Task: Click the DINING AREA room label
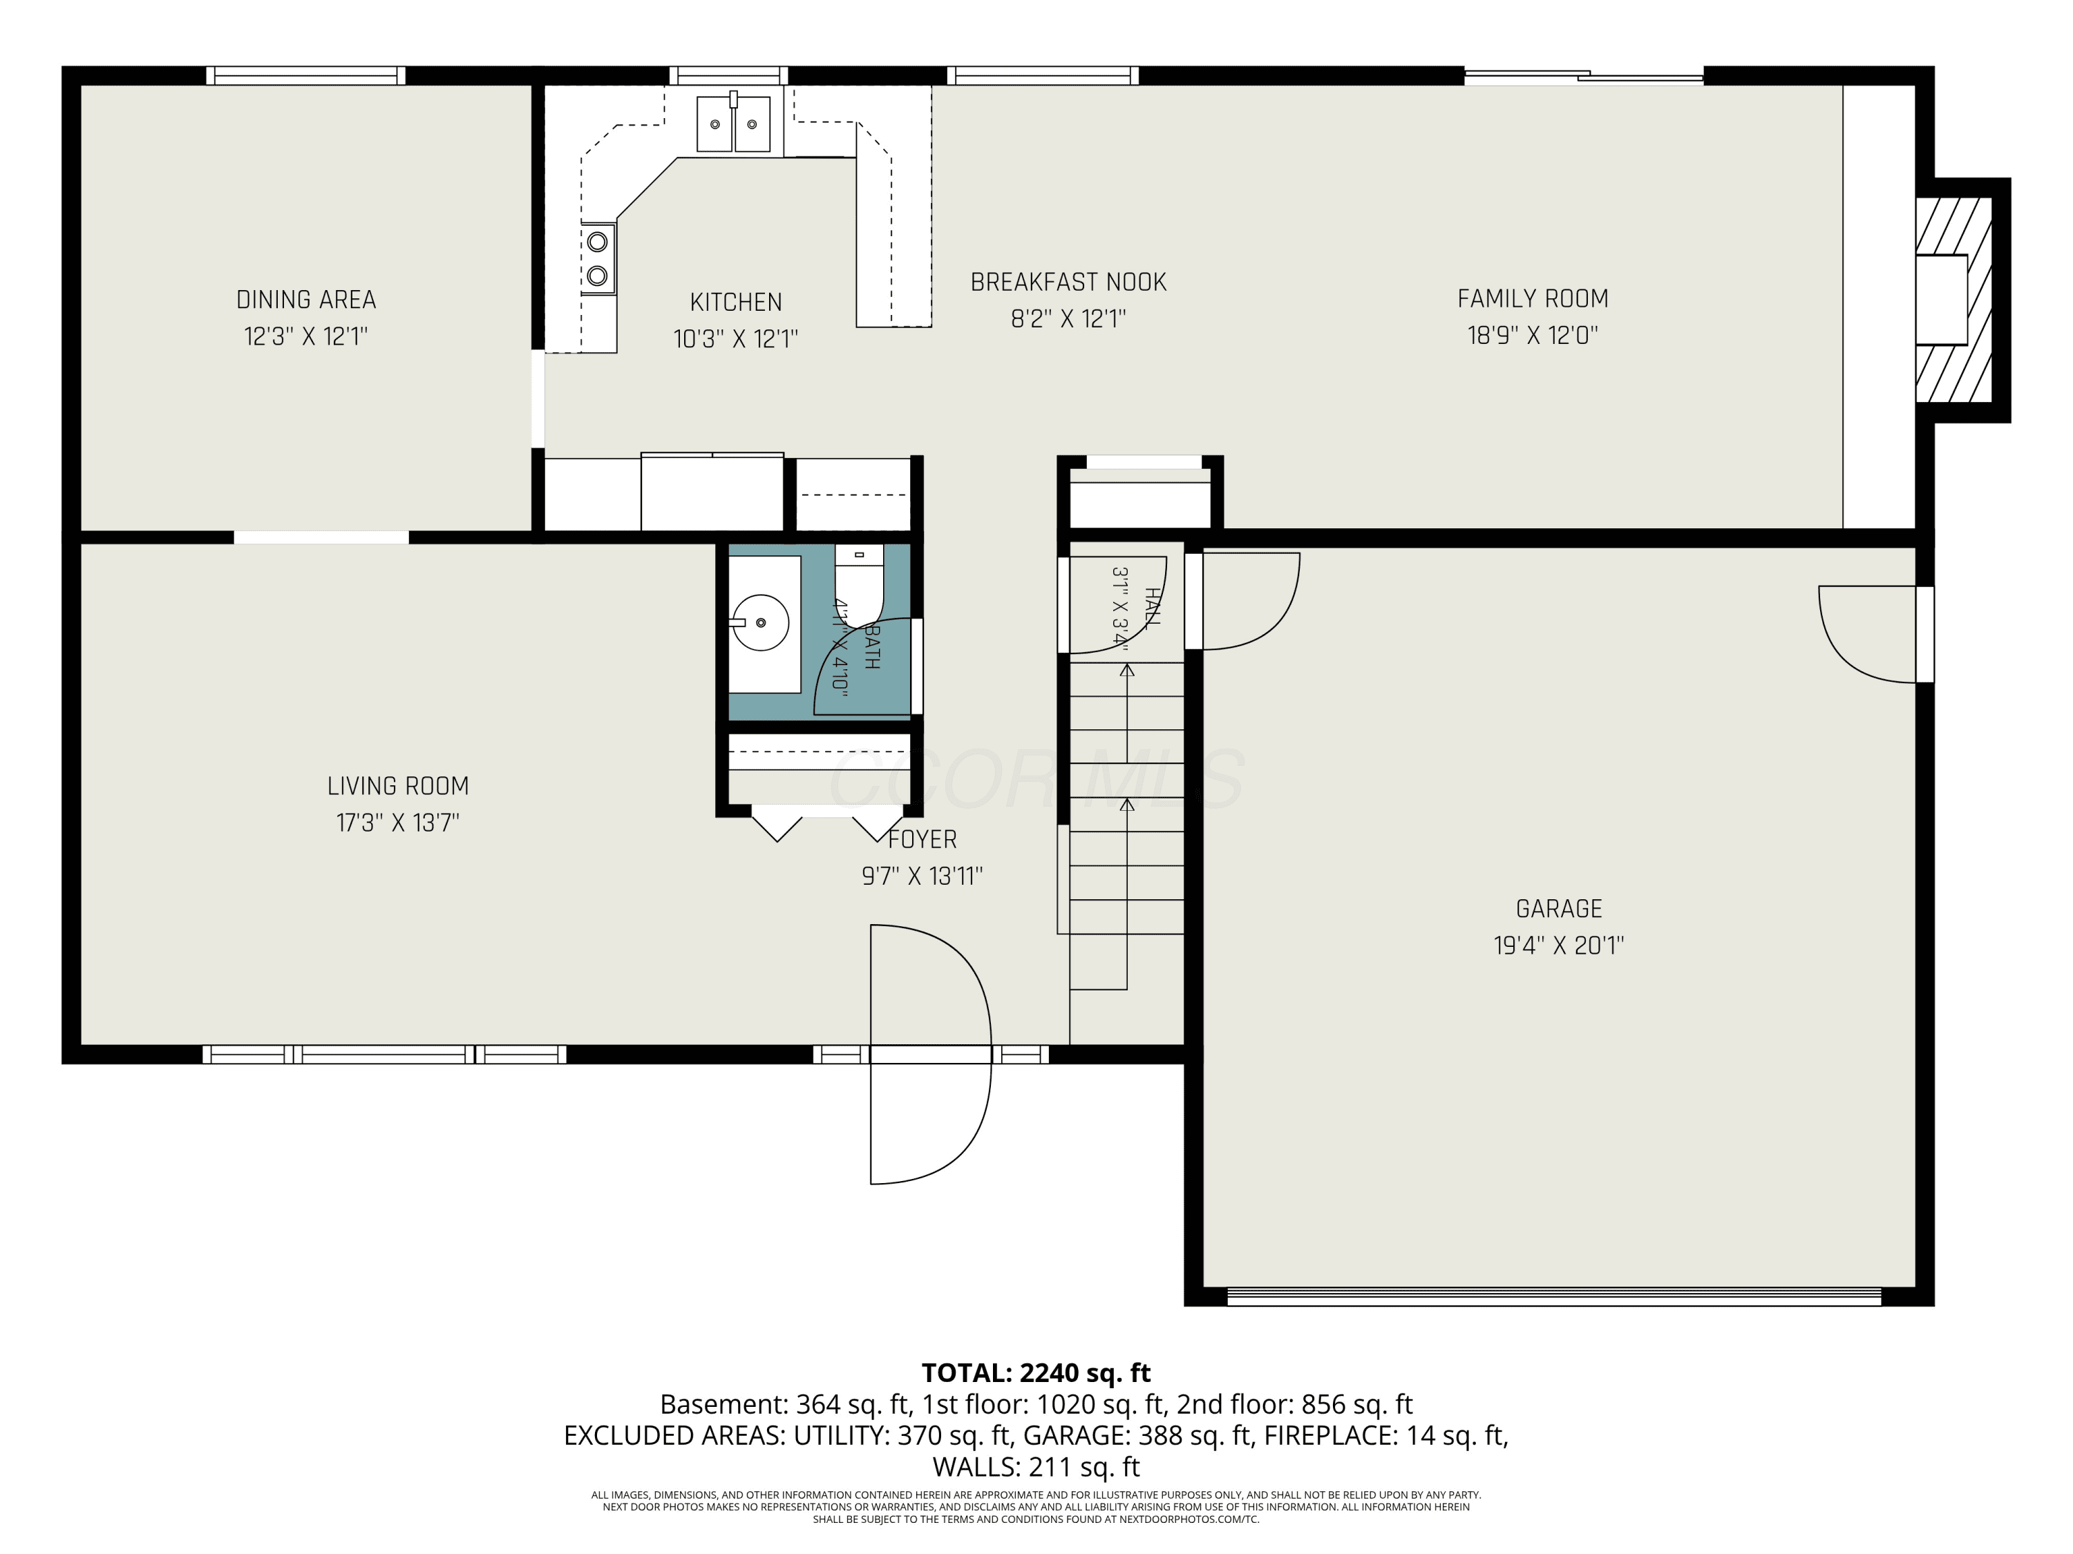pyautogui.click(x=305, y=300)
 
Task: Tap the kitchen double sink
pyautogui.click(x=733, y=123)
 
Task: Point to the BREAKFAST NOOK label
pyautogui.click(x=1068, y=282)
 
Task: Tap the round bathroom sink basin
pyautogui.click(x=760, y=622)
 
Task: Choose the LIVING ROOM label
pyautogui.click(x=398, y=786)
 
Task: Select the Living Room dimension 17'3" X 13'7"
pyautogui.click(x=398, y=823)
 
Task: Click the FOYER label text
pyautogui.click(x=923, y=839)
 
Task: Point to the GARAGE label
pyautogui.click(x=1558, y=909)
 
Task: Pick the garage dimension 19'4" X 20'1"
pyautogui.click(x=1558, y=945)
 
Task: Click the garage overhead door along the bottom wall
pyautogui.click(x=1554, y=1296)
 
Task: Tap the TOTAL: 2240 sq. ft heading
pyautogui.click(x=1036, y=1373)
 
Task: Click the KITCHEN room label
pyautogui.click(x=736, y=303)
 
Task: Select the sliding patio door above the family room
pyautogui.click(x=1584, y=76)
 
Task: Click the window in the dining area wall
pyautogui.click(x=305, y=76)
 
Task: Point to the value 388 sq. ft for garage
pyautogui.click(x=1194, y=1435)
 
